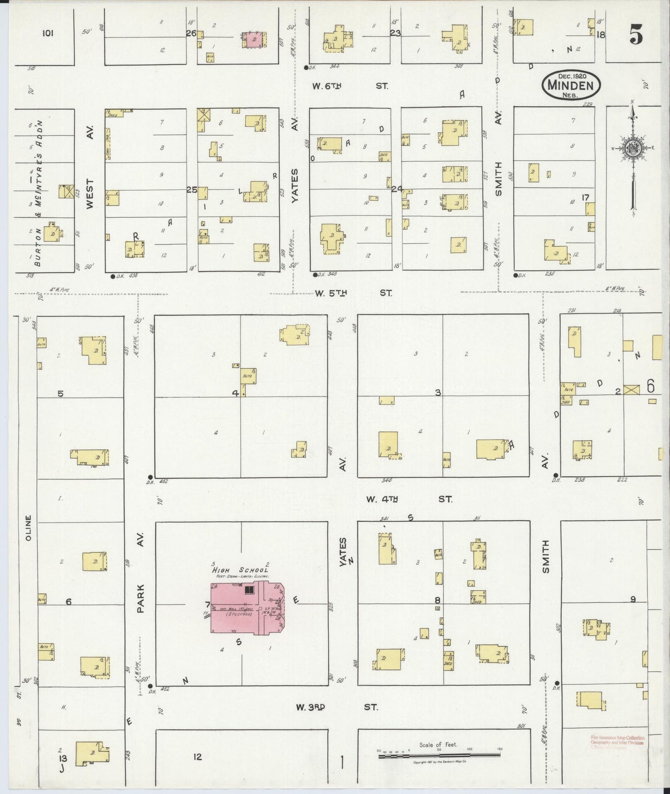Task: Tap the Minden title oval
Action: pyautogui.click(x=571, y=85)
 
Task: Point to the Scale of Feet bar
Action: pyautogui.click(x=439, y=756)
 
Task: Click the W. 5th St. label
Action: pyautogui.click(x=353, y=293)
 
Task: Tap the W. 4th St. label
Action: pyautogui.click(x=408, y=499)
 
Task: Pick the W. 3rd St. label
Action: pyautogui.click(x=337, y=707)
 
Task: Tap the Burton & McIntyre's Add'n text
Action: pyautogui.click(x=39, y=193)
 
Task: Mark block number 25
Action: pyautogui.click(x=191, y=189)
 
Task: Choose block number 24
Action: pyautogui.click(x=396, y=189)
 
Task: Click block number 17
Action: pyautogui.click(x=586, y=198)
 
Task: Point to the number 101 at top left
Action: pyautogui.click(x=48, y=33)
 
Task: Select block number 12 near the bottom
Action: pyautogui.click(x=198, y=757)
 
